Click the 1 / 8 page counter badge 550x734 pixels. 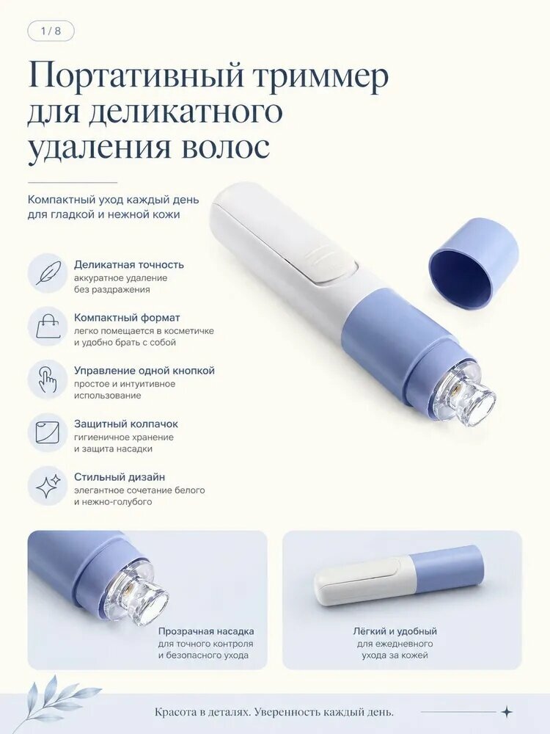point(51,32)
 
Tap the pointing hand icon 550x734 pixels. point(47,379)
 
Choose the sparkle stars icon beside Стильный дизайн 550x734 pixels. point(48,485)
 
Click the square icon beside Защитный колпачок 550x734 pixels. point(48,432)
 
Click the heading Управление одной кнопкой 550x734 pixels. point(144,370)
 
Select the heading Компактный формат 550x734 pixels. point(127,317)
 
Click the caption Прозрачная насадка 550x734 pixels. point(206,631)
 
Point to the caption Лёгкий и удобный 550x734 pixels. point(395,631)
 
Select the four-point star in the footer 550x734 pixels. point(507,712)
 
